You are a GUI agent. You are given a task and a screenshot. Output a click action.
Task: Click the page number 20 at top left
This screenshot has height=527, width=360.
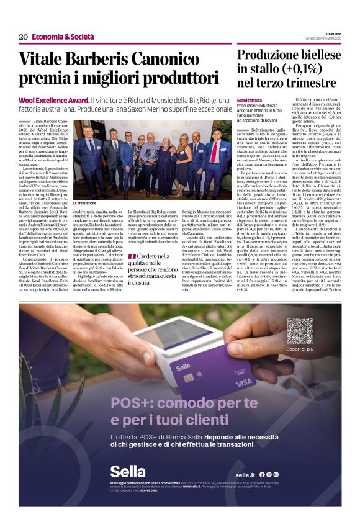(x=23, y=37)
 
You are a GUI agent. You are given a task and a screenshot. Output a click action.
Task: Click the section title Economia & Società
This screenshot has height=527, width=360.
(x=63, y=37)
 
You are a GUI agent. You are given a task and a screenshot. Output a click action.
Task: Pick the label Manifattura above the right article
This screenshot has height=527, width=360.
(x=250, y=99)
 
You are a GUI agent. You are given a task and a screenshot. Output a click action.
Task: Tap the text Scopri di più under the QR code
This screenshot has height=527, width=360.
(x=299, y=349)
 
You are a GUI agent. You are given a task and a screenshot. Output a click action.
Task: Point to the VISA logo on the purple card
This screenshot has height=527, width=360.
(x=244, y=381)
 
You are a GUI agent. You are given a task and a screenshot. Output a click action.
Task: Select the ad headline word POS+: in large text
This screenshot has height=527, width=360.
(x=131, y=403)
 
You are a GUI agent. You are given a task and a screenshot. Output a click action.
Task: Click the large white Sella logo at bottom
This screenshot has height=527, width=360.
(x=127, y=472)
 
